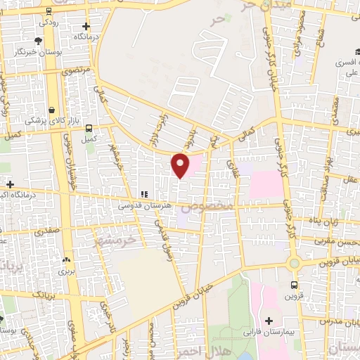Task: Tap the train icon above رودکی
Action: point(48,11)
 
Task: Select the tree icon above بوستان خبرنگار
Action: point(37,41)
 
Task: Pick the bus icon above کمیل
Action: point(89,128)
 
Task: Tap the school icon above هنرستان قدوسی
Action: point(143,194)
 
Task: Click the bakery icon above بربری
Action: point(66,259)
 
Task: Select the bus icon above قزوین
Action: point(294,285)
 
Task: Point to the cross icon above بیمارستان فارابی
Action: point(269,320)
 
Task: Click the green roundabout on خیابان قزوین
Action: point(294,264)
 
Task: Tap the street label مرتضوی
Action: point(75,71)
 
